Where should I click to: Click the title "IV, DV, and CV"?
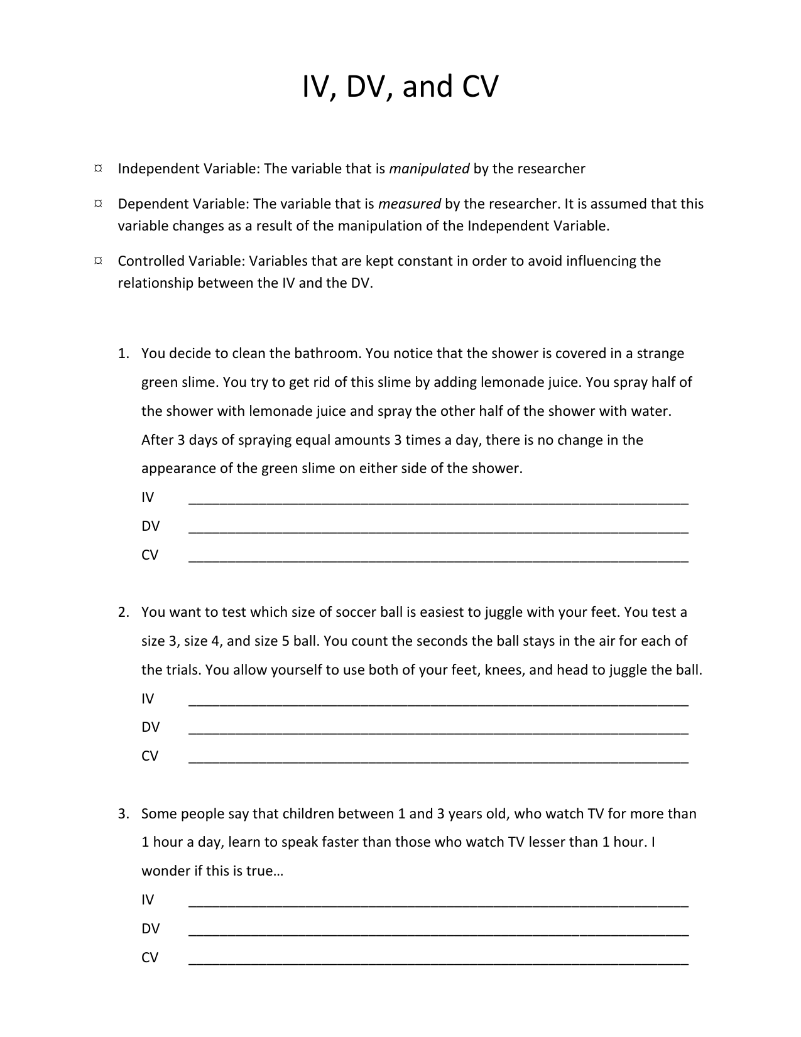(400, 87)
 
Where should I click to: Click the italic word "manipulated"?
(429, 169)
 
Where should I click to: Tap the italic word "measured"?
(409, 204)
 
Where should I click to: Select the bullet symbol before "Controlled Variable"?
(98, 261)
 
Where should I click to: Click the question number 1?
(123, 354)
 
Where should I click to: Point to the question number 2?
(123, 612)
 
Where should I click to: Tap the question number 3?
(123, 814)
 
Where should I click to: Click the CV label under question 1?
(150, 555)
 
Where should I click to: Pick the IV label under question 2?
(148, 699)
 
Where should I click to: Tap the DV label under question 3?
(150, 929)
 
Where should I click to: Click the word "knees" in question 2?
(504, 670)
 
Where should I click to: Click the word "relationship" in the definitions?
(155, 283)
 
